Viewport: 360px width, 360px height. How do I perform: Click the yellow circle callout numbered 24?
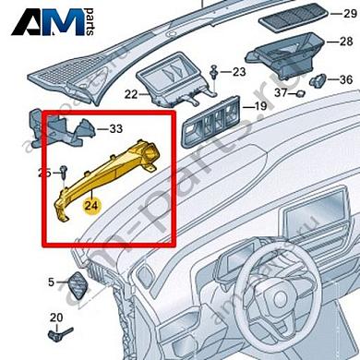91,205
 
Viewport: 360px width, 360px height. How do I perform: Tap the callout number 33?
117,128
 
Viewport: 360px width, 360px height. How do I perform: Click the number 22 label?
129,94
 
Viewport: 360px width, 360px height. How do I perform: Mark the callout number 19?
260,107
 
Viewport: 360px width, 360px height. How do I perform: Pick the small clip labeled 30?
319,79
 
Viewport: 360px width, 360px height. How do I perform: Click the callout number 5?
51,280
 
